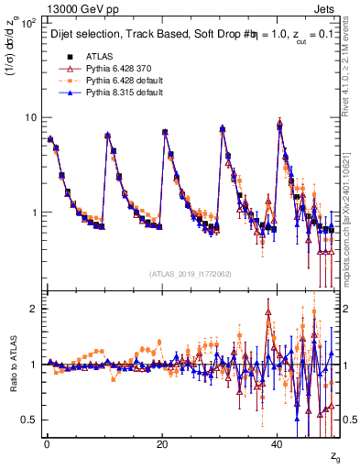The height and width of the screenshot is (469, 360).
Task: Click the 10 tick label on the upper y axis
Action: point(30,117)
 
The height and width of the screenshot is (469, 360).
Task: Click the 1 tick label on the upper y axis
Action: point(35,213)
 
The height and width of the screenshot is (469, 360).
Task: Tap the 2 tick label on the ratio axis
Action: point(35,309)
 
